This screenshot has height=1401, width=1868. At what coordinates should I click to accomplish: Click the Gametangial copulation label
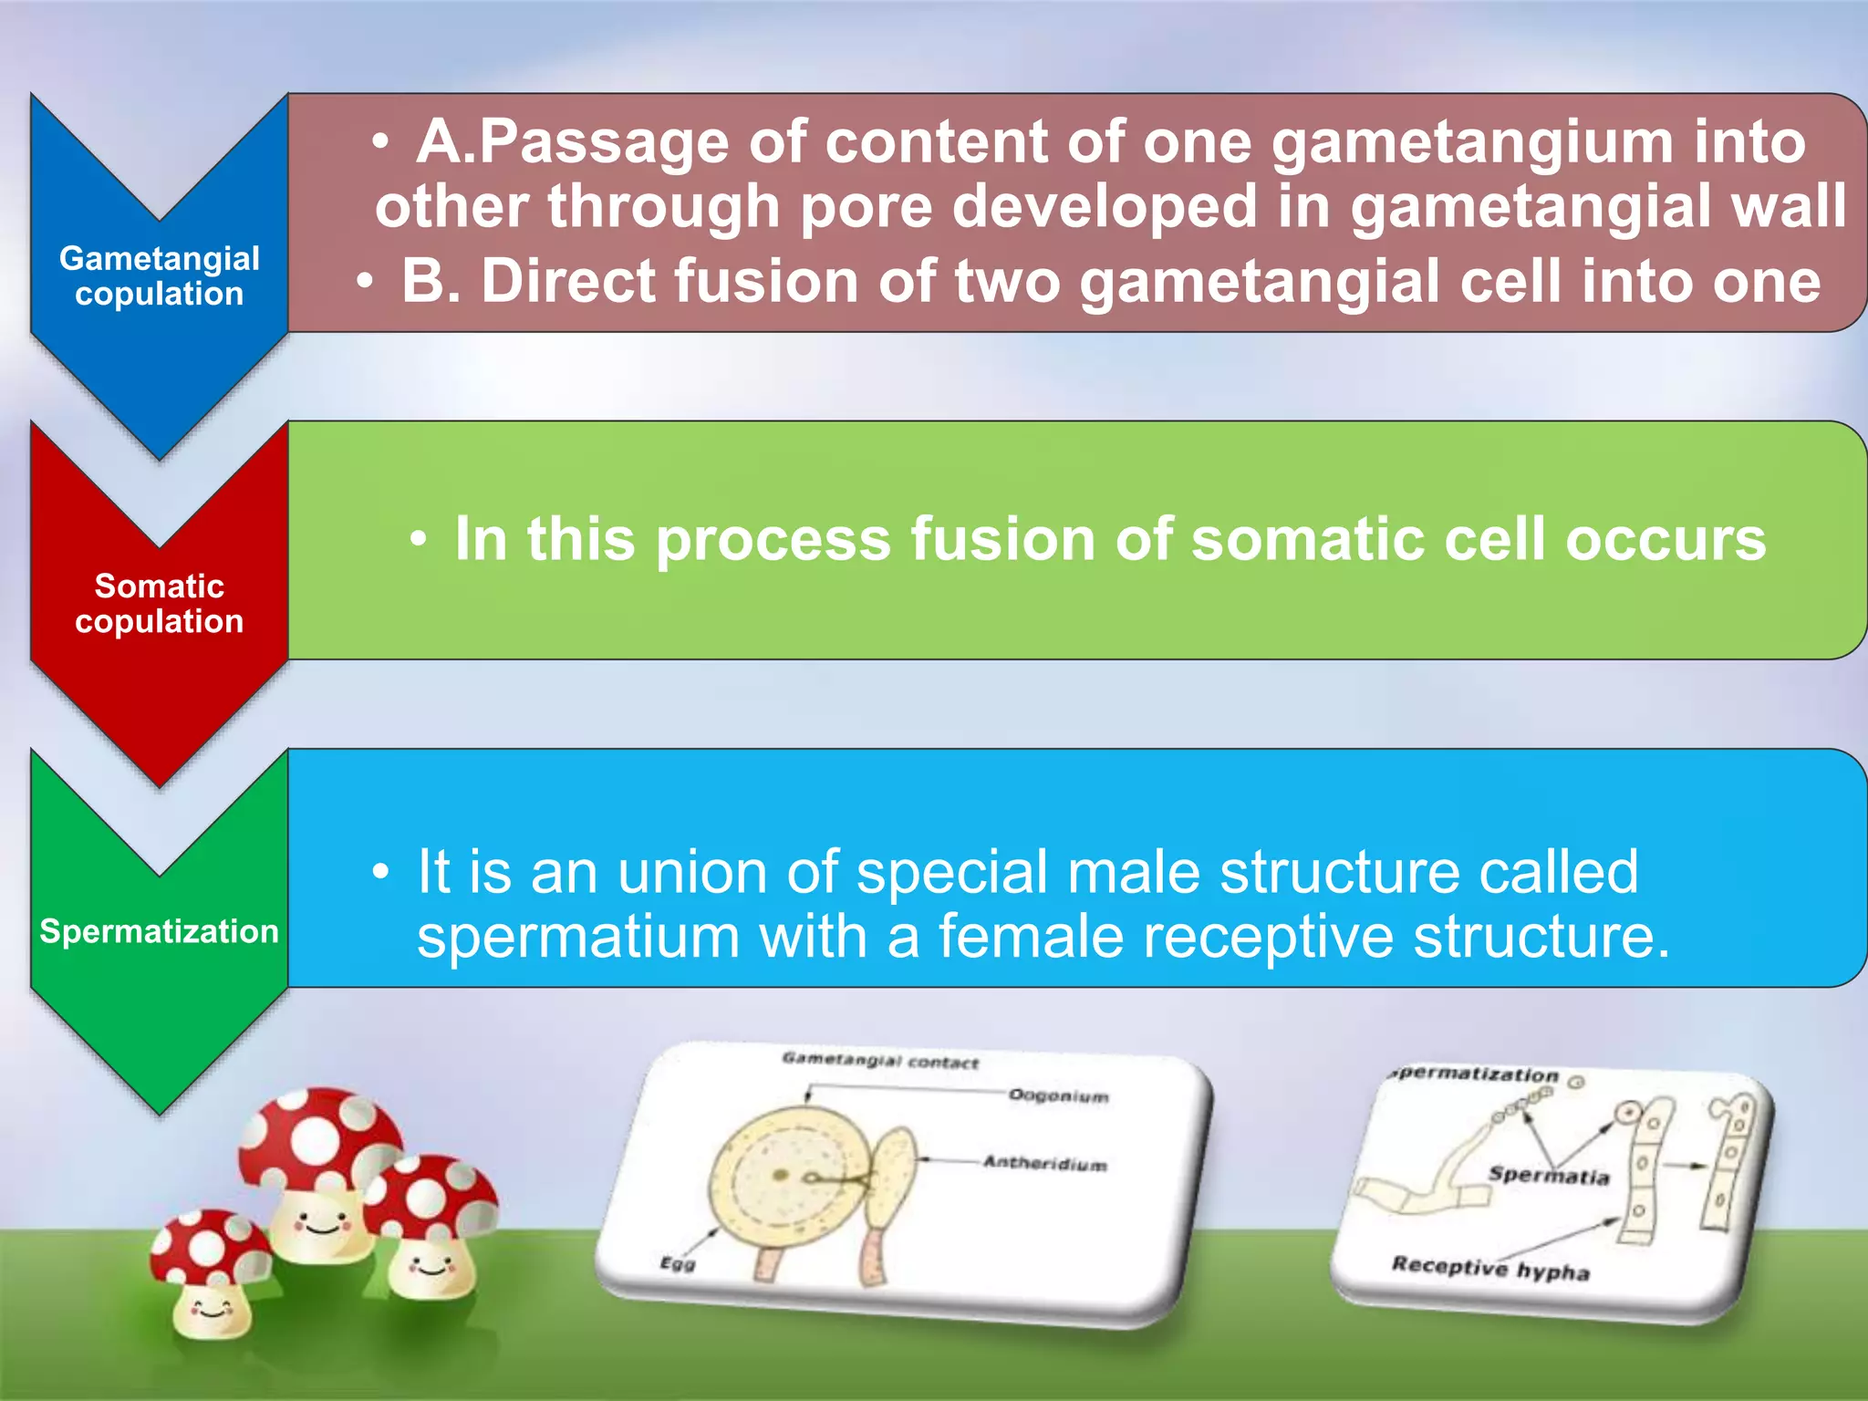point(159,275)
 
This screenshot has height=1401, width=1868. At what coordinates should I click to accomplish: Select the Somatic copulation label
point(159,603)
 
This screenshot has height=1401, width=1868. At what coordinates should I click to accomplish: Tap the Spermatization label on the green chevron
point(159,931)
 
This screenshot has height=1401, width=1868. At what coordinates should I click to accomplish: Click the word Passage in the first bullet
point(603,143)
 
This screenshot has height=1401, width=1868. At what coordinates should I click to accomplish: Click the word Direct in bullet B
point(566,281)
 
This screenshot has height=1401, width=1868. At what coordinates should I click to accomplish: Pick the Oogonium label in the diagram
point(1058,1095)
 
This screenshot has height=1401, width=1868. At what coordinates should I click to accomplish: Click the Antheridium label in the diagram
point(1044,1163)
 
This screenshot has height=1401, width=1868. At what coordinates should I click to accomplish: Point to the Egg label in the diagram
point(677,1263)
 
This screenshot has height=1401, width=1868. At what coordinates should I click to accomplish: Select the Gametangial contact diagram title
point(879,1061)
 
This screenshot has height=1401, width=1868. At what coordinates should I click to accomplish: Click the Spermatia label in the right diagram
point(1548,1175)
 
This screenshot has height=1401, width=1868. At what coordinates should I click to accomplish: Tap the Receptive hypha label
point(1489,1267)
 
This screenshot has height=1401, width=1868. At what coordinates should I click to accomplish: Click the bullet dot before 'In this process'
point(418,539)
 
